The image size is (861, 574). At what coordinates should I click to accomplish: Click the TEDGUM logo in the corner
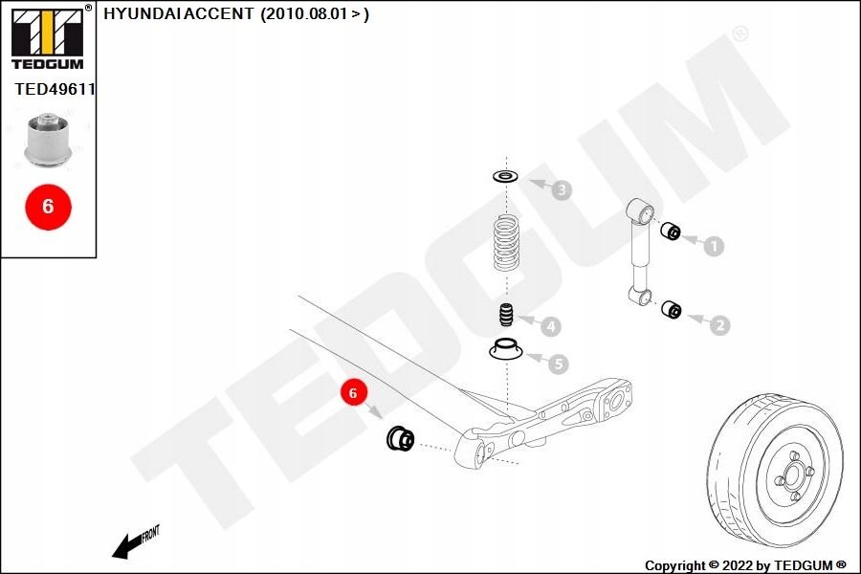pos(49,37)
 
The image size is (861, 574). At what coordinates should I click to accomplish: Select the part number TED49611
pos(55,89)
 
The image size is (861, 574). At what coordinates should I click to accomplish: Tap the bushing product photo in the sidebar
pos(49,139)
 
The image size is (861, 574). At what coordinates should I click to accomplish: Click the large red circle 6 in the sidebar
pos(49,207)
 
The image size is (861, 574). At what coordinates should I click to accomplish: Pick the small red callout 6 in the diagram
pos(352,393)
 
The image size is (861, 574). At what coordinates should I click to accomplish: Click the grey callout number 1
pos(714,246)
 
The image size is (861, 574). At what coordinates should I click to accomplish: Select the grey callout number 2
pos(720,325)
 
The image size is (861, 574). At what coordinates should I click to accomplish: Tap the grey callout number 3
pos(562,190)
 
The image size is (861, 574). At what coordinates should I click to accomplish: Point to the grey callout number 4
pos(551,327)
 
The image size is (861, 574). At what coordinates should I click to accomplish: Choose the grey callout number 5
pos(559,364)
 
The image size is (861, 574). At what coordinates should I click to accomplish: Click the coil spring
pos(506,243)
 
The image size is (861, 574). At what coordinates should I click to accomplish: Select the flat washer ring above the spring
pos(506,177)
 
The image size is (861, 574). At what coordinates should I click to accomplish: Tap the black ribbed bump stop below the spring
pos(506,315)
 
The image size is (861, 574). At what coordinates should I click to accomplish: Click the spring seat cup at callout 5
pos(506,350)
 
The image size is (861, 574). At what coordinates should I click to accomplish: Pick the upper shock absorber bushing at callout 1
pos(671,232)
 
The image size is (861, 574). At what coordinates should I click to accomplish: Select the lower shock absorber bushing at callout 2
pos(671,309)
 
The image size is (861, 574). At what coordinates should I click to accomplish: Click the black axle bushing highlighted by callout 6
pos(400,438)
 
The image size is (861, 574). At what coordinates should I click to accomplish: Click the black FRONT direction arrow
pos(128,546)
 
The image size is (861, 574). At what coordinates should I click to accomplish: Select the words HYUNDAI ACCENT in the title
pos(179,13)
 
